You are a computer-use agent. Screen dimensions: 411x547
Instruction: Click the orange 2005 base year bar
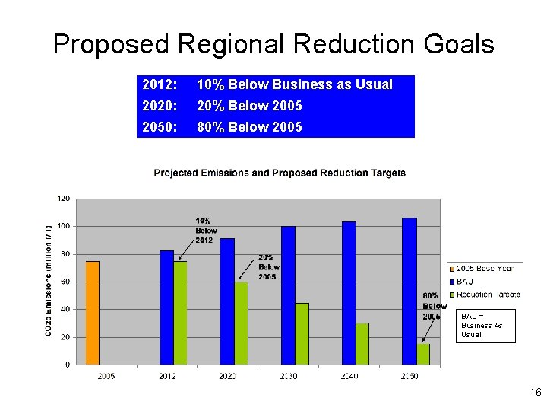pyautogui.click(x=92, y=313)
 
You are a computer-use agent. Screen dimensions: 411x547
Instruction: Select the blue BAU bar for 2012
pyautogui.click(x=166, y=307)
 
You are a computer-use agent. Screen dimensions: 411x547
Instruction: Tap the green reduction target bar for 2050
pyautogui.click(x=423, y=354)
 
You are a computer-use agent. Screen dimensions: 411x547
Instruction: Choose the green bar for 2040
pyautogui.click(x=362, y=344)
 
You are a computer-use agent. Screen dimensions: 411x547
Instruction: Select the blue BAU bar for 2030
pyautogui.click(x=288, y=295)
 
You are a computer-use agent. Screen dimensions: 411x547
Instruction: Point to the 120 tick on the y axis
pyautogui.click(x=64, y=199)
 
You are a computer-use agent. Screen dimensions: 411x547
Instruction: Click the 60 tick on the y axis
pyautogui.click(x=66, y=282)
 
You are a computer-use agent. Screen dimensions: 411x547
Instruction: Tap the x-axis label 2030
pyautogui.click(x=288, y=376)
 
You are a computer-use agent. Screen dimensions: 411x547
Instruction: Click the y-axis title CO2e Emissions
pyautogui.click(x=49, y=281)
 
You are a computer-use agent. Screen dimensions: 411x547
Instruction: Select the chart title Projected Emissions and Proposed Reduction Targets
pyautogui.click(x=280, y=173)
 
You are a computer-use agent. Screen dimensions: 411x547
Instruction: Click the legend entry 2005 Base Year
pyautogui.click(x=484, y=268)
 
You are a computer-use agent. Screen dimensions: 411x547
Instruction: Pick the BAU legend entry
pyautogui.click(x=464, y=281)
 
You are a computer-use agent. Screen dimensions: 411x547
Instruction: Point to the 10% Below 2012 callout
pyautogui.click(x=206, y=231)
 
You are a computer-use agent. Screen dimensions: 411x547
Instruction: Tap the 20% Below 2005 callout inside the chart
pyautogui.click(x=268, y=267)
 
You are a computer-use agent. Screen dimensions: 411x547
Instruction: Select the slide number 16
pyautogui.click(x=535, y=393)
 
